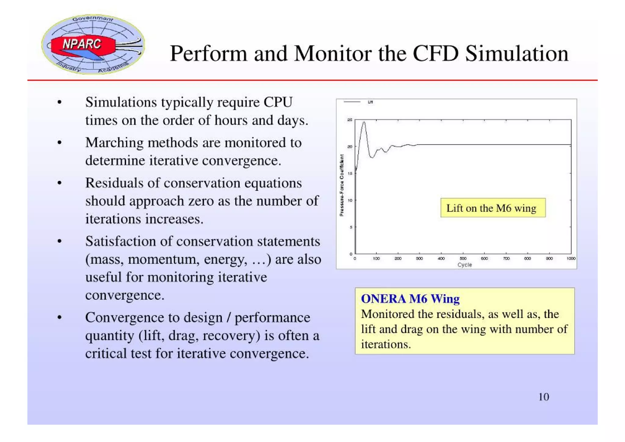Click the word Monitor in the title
coord(333,54)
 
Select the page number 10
coord(544,397)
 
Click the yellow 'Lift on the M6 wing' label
coord(493,208)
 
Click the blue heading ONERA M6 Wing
coord(410,299)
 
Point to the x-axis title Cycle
coord(464,265)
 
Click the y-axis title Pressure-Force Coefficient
coord(342,185)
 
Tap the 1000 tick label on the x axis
coord(571,258)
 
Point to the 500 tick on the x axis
coord(463,258)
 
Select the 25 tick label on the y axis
coord(350,120)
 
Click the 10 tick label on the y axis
coord(350,200)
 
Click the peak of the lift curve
coord(364,122)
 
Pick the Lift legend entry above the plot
coord(370,102)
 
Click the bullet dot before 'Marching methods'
coord(60,143)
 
